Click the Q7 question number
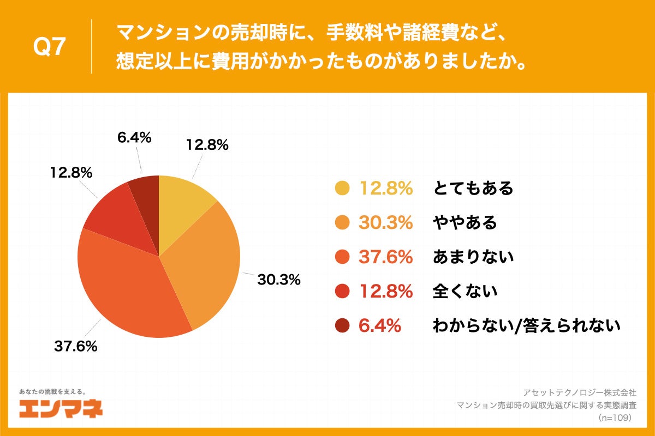pos(50,48)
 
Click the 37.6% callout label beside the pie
pos(75,346)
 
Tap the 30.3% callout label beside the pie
pos(279,280)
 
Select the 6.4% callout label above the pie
pos(134,138)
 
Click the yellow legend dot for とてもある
pos(342,188)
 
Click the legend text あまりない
pos(473,257)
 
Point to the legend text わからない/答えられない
pos(526,326)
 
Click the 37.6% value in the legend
pos(385,257)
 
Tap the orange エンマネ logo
pos(61,408)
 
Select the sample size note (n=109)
pos(615,417)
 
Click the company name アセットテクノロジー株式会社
pos(579,392)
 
